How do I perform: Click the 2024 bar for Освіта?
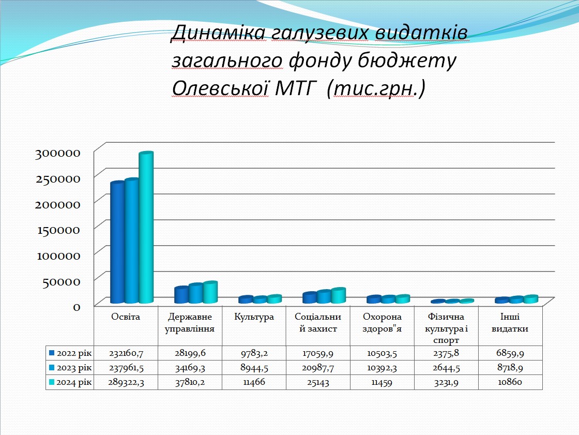click(146, 227)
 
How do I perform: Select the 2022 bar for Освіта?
click(117, 243)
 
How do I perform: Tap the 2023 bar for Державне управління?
click(196, 293)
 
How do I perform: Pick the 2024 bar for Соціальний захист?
click(338, 296)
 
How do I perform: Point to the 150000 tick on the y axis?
click(59, 230)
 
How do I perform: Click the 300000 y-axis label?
click(57, 153)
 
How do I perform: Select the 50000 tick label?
click(62, 281)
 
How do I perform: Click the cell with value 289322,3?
click(126, 382)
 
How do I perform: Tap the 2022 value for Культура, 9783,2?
click(254, 353)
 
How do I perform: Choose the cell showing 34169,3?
click(190, 368)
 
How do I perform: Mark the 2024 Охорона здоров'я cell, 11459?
click(382, 382)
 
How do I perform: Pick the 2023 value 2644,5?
click(446, 368)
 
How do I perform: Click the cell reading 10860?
click(510, 382)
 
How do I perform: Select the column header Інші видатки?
click(510, 323)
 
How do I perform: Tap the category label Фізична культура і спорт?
click(446, 328)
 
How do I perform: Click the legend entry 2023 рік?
click(70, 368)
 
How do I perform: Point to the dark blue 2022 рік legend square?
click(52, 353)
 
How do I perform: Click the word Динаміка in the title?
click(218, 33)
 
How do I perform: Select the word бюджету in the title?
click(407, 62)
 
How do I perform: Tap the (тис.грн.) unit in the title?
click(376, 88)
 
